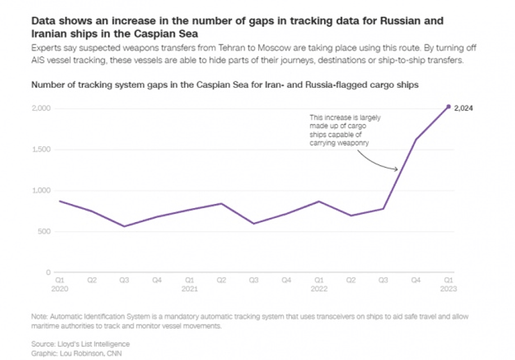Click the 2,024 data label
click(463, 108)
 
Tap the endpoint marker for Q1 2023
click(448, 106)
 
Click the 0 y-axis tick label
click(49, 272)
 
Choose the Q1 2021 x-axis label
click(189, 284)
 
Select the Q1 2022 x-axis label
click(318, 284)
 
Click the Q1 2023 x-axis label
click(448, 284)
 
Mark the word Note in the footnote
click(40, 317)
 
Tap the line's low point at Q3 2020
click(124, 226)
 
